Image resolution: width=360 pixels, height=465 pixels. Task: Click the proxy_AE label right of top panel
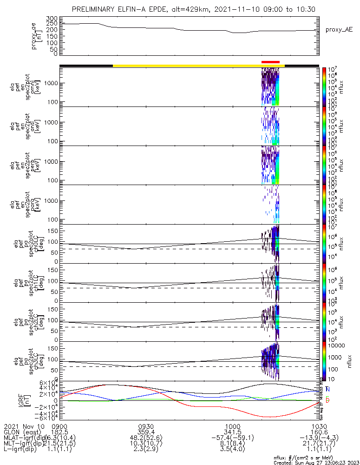tap(340, 29)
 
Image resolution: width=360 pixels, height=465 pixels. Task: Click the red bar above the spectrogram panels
tap(270, 61)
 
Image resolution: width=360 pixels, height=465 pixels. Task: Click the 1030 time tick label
tap(319, 425)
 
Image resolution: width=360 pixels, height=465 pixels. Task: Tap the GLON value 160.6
tap(319, 432)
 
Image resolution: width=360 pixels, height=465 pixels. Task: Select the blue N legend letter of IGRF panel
tap(327, 389)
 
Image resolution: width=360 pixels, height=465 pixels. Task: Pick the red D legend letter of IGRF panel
tap(327, 400)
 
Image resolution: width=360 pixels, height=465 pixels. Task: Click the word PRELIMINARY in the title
tap(97, 9)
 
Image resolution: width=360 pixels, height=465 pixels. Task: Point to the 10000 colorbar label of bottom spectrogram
tap(337, 345)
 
